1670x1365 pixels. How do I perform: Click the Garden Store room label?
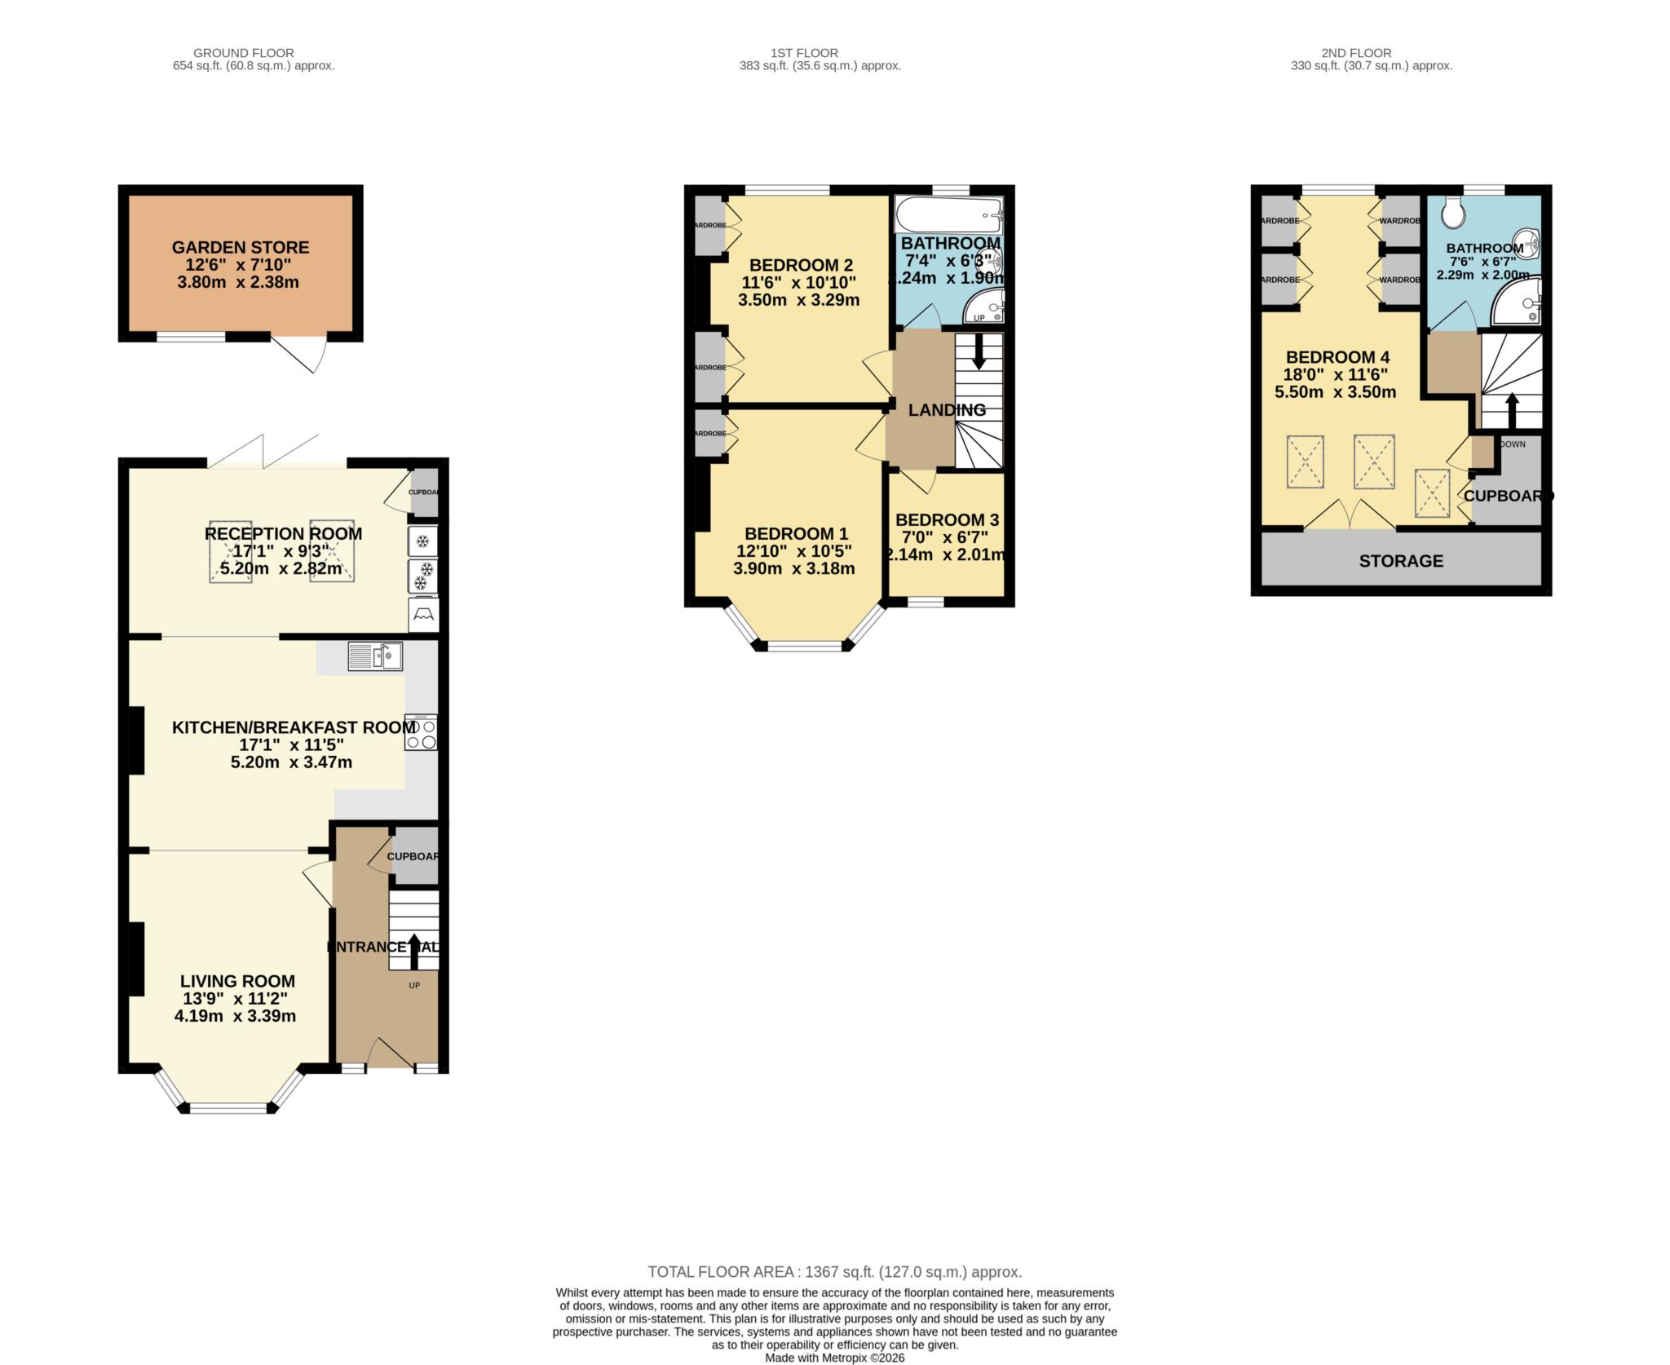240,247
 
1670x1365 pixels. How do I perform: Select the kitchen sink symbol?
375,656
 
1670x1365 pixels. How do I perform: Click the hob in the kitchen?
421,732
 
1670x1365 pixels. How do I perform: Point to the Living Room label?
237,982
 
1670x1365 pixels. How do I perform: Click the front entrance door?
390,1054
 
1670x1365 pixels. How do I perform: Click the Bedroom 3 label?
947,520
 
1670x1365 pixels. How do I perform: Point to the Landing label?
947,410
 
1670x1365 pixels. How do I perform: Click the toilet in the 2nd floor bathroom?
1452,214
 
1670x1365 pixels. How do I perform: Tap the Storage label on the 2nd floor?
1401,561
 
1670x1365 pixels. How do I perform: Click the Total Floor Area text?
834,1272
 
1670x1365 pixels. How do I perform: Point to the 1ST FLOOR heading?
804,53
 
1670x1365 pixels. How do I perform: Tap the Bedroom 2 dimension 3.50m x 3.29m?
798,300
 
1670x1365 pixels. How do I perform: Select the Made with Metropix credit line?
834,1358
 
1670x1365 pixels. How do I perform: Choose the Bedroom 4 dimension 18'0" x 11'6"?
1336,375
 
